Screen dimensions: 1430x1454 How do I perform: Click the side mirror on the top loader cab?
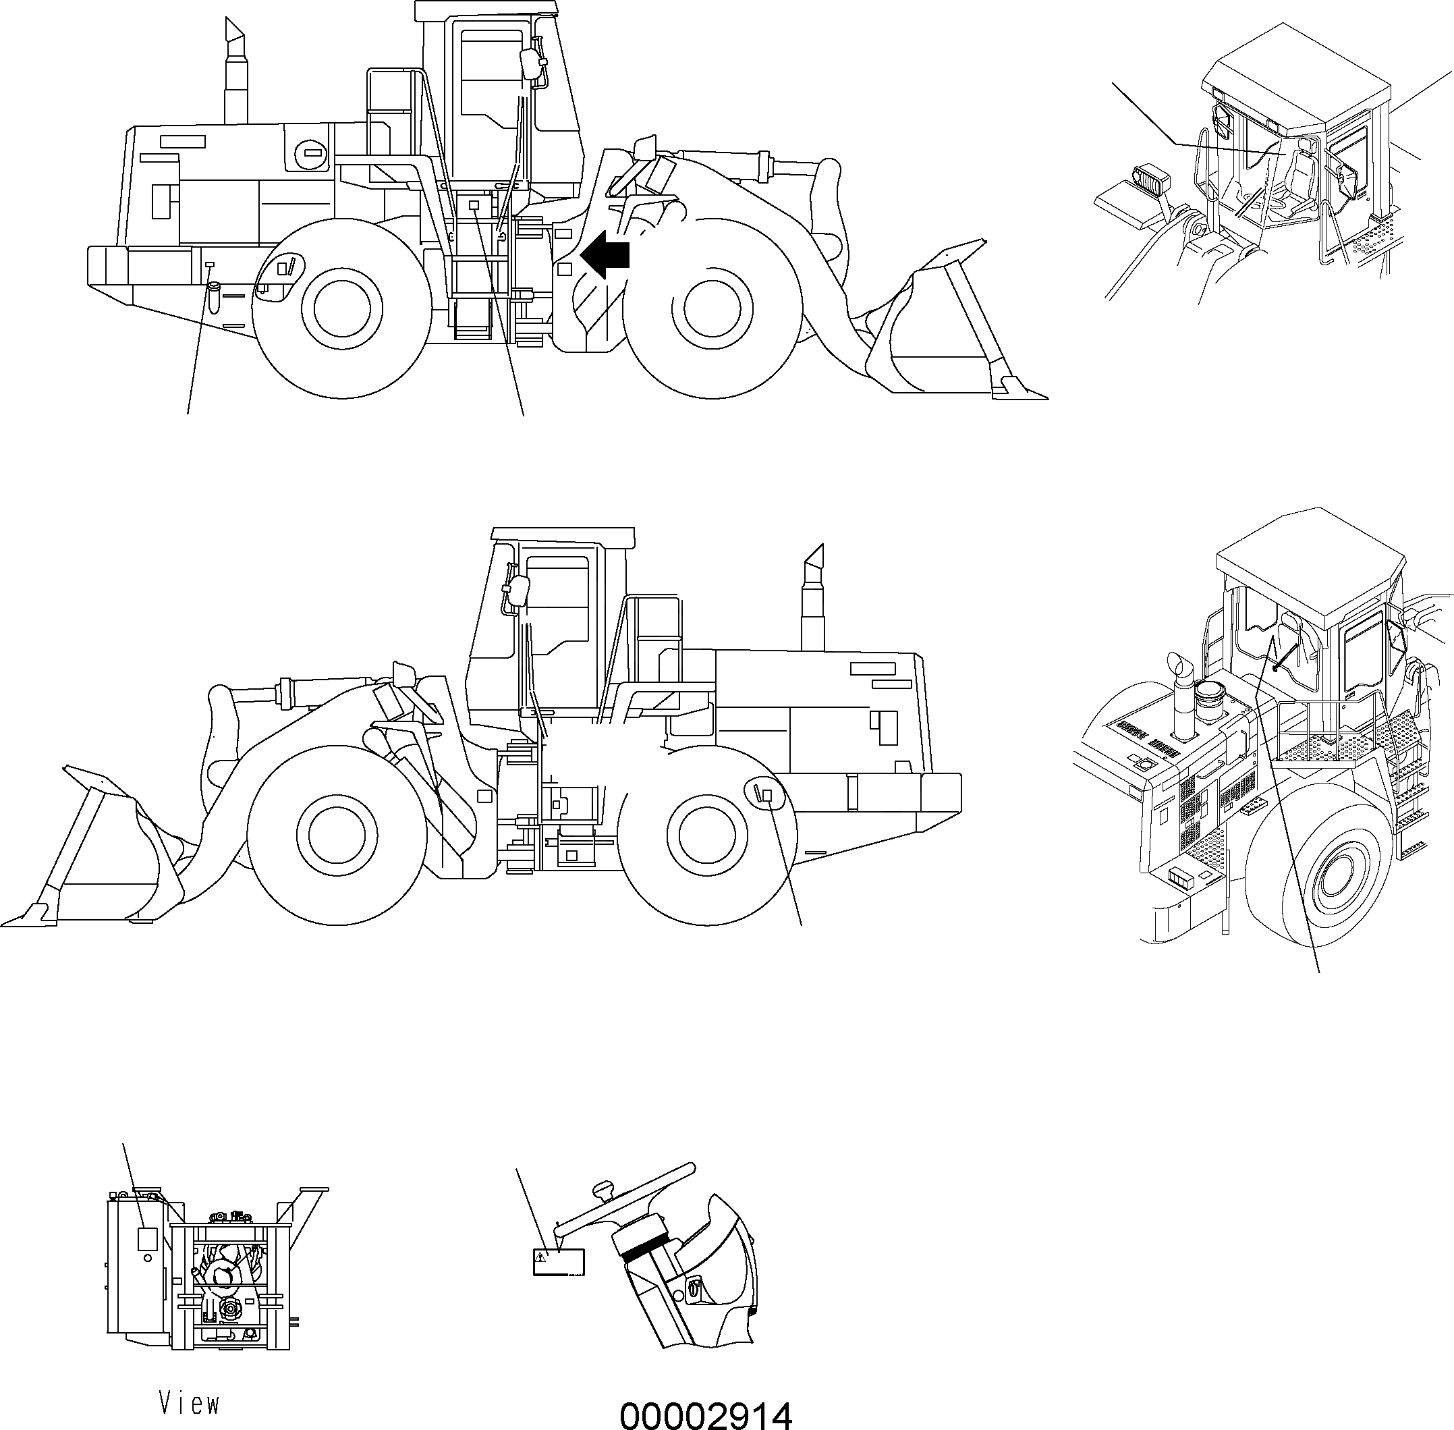click(x=532, y=65)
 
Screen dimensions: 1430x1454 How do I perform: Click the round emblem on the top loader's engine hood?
click(x=312, y=154)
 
